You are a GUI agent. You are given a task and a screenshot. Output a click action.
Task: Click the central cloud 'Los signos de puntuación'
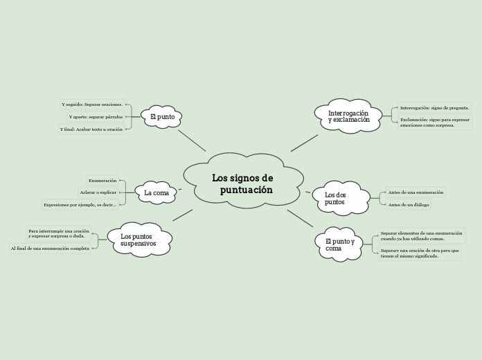click(x=243, y=183)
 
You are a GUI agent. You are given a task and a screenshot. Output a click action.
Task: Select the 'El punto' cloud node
click(x=162, y=117)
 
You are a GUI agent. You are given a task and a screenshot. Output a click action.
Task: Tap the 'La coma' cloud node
click(x=157, y=192)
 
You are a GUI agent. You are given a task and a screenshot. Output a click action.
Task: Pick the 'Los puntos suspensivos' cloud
click(x=139, y=240)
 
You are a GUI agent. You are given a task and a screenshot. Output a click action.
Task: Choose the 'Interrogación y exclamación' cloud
click(x=348, y=116)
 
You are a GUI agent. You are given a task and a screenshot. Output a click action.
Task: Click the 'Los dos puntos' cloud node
click(x=339, y=198)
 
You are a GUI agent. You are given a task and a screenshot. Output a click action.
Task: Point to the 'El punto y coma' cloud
click(x=339, y=244)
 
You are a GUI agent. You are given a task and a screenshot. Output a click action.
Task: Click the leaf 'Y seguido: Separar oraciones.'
click(x=92, y=105)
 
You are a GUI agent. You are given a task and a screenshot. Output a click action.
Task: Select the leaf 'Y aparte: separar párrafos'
click(x=96, y=117)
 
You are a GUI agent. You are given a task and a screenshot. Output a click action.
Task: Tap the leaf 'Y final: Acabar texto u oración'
click(x=91, y=129)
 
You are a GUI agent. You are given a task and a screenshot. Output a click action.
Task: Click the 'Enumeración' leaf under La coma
click(x=102, y=180)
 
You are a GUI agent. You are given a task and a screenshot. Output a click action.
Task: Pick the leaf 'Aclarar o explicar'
click(x=98, y=192)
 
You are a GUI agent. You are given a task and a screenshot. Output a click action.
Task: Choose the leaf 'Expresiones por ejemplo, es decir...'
click(x=80, y=204)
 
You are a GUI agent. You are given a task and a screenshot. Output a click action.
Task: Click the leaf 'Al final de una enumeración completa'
click(x=50, y=248)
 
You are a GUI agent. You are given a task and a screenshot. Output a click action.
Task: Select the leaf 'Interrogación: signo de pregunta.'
click(x=434, y=108)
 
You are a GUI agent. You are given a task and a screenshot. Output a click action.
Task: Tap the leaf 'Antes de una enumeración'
click(x=416, y=192)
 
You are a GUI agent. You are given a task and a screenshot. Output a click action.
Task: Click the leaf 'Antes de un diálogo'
click(x=409, y=204)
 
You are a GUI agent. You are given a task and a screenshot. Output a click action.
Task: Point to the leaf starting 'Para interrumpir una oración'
click(x=59, y=233)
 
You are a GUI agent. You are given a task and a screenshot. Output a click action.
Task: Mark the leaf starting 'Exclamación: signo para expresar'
click(x=430, y=123)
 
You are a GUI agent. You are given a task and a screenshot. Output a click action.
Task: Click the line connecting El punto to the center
click(x=192, y=140)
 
